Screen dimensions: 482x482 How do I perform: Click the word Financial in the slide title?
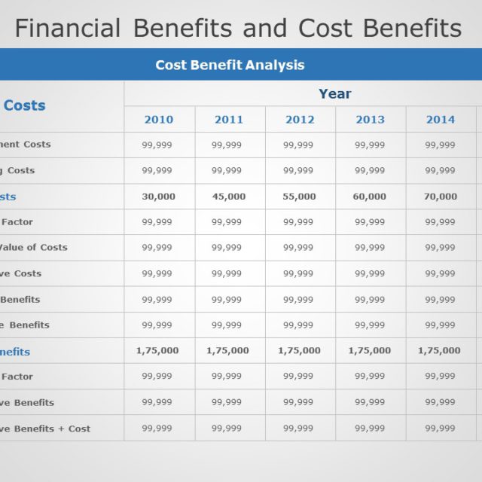click(x=68, y=28)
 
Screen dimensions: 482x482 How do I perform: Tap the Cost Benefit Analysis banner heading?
click(x=230, y=65)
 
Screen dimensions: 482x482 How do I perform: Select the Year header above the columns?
click(x=334, y=93)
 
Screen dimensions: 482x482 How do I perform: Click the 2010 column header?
click(x=159, y=119)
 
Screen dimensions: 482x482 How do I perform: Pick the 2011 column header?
click(x=229, y=119)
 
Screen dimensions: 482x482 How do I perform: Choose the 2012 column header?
click(x=300, y=119)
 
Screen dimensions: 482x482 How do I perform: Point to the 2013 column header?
click(x=370, y=119)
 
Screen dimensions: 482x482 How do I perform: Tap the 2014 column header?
click(x=441, y=119)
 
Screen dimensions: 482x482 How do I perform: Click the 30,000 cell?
click(x=158, y=197)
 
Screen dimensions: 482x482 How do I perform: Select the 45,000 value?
click(x=229, y=197)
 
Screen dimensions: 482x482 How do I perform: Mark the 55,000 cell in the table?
click(x=299, y=197)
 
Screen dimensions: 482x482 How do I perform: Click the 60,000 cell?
click(x=370, y=197)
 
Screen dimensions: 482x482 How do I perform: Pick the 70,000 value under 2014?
click(x=441, y=197)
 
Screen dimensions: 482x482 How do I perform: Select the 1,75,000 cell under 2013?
click(x=370, y=350)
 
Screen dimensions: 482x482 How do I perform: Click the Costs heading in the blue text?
click(x=25, y=105)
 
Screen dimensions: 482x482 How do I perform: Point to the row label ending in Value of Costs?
click(x=33, y=247)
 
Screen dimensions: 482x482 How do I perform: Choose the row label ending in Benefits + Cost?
click(x=45, y=429)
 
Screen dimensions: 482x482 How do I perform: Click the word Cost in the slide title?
click(x=325, y=28)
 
